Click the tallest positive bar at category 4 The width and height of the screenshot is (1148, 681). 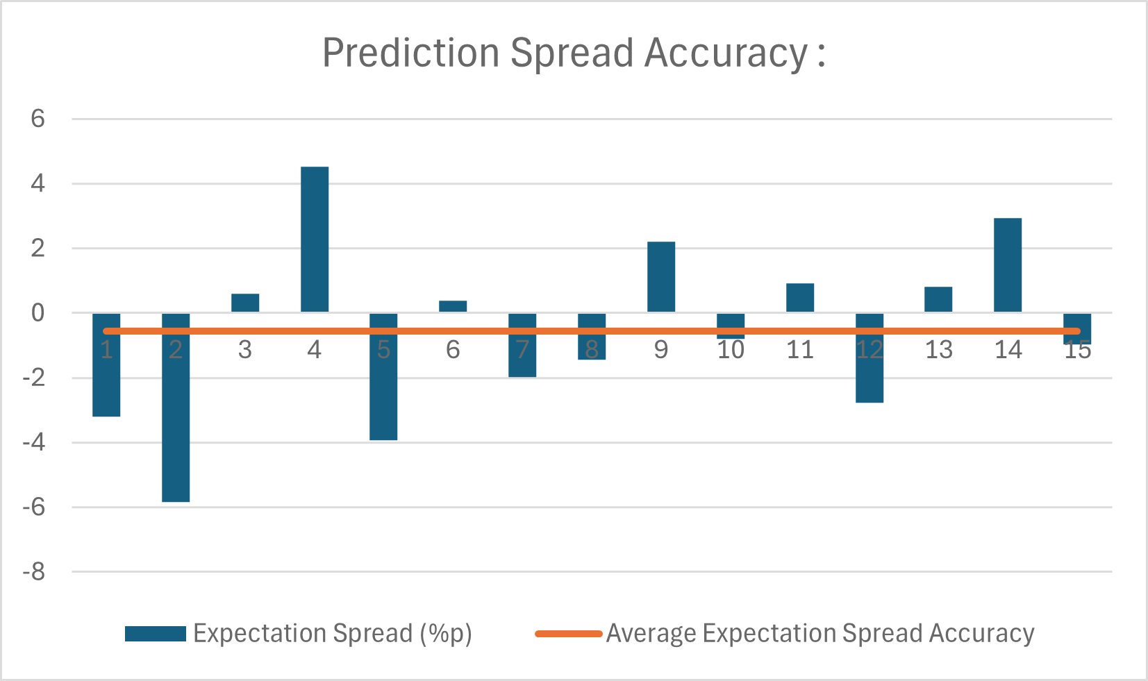[x=315, y=239]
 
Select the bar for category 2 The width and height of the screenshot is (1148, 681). [x=176, y=417]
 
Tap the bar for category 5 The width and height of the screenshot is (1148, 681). [x=383, y=389]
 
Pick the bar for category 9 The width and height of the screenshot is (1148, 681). [x=661, y=277]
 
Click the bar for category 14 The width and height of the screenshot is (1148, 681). [x=1008, y=265]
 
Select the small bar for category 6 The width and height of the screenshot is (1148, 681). [x=453, y=306]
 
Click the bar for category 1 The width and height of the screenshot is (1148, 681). [x=106, y=375]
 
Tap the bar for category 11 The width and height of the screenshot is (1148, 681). [x=800, y=298]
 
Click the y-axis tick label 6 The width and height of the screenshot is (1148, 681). [x=38, y=119]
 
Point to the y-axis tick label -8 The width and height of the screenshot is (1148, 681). [x=34, y=572]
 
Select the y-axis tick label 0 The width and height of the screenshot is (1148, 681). [x=38, y=313]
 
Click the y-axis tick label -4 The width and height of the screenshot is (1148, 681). [x=34, y=442]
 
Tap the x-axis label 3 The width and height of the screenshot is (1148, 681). [x=245, y=350]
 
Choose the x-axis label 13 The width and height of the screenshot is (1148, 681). [x=939, y=350]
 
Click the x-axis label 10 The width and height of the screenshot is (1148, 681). [x=731, y=350]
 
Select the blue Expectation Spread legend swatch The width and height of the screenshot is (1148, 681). [x=156, y=634]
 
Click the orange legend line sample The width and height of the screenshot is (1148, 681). [x=568, y=634]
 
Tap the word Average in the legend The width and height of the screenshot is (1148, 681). [x=651, y=634]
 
